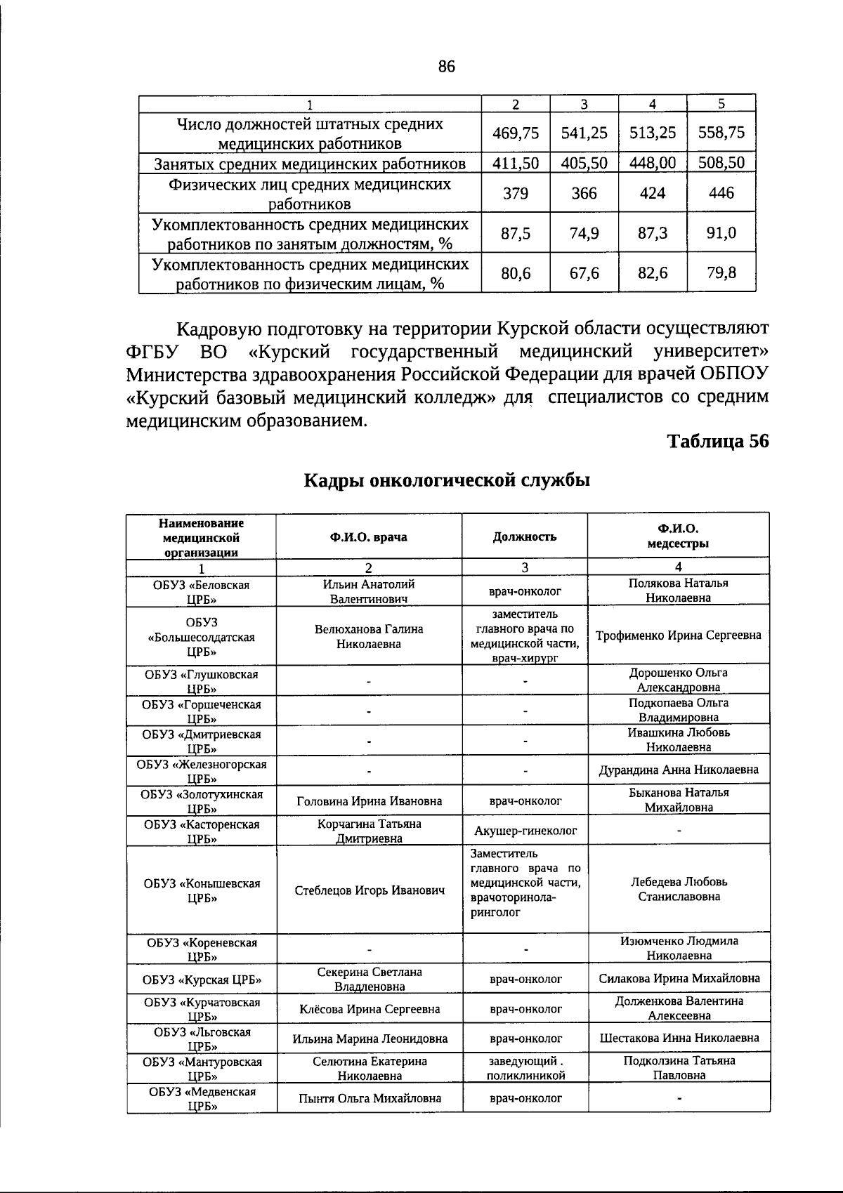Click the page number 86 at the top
click(x=446, y=67)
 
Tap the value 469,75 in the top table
click(x=516, y=133)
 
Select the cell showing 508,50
click(x=721, y=163)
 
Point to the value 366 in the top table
click(x=584, y=193)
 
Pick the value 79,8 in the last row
click(x=721, y=272)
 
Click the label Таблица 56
click(x=717, y=441)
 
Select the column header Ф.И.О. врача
click(x=368, y=537)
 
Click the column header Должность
click(x=524, y=537)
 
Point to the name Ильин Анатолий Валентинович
click(x=368, y=591)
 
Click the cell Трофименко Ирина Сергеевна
click(x=678, y=635)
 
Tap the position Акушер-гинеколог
click(x=525, y=831)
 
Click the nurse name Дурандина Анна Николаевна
click(x=678, y=770)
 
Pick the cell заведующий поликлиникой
click(x=525, y=1068)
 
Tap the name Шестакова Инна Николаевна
click(x=679, y=1038)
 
